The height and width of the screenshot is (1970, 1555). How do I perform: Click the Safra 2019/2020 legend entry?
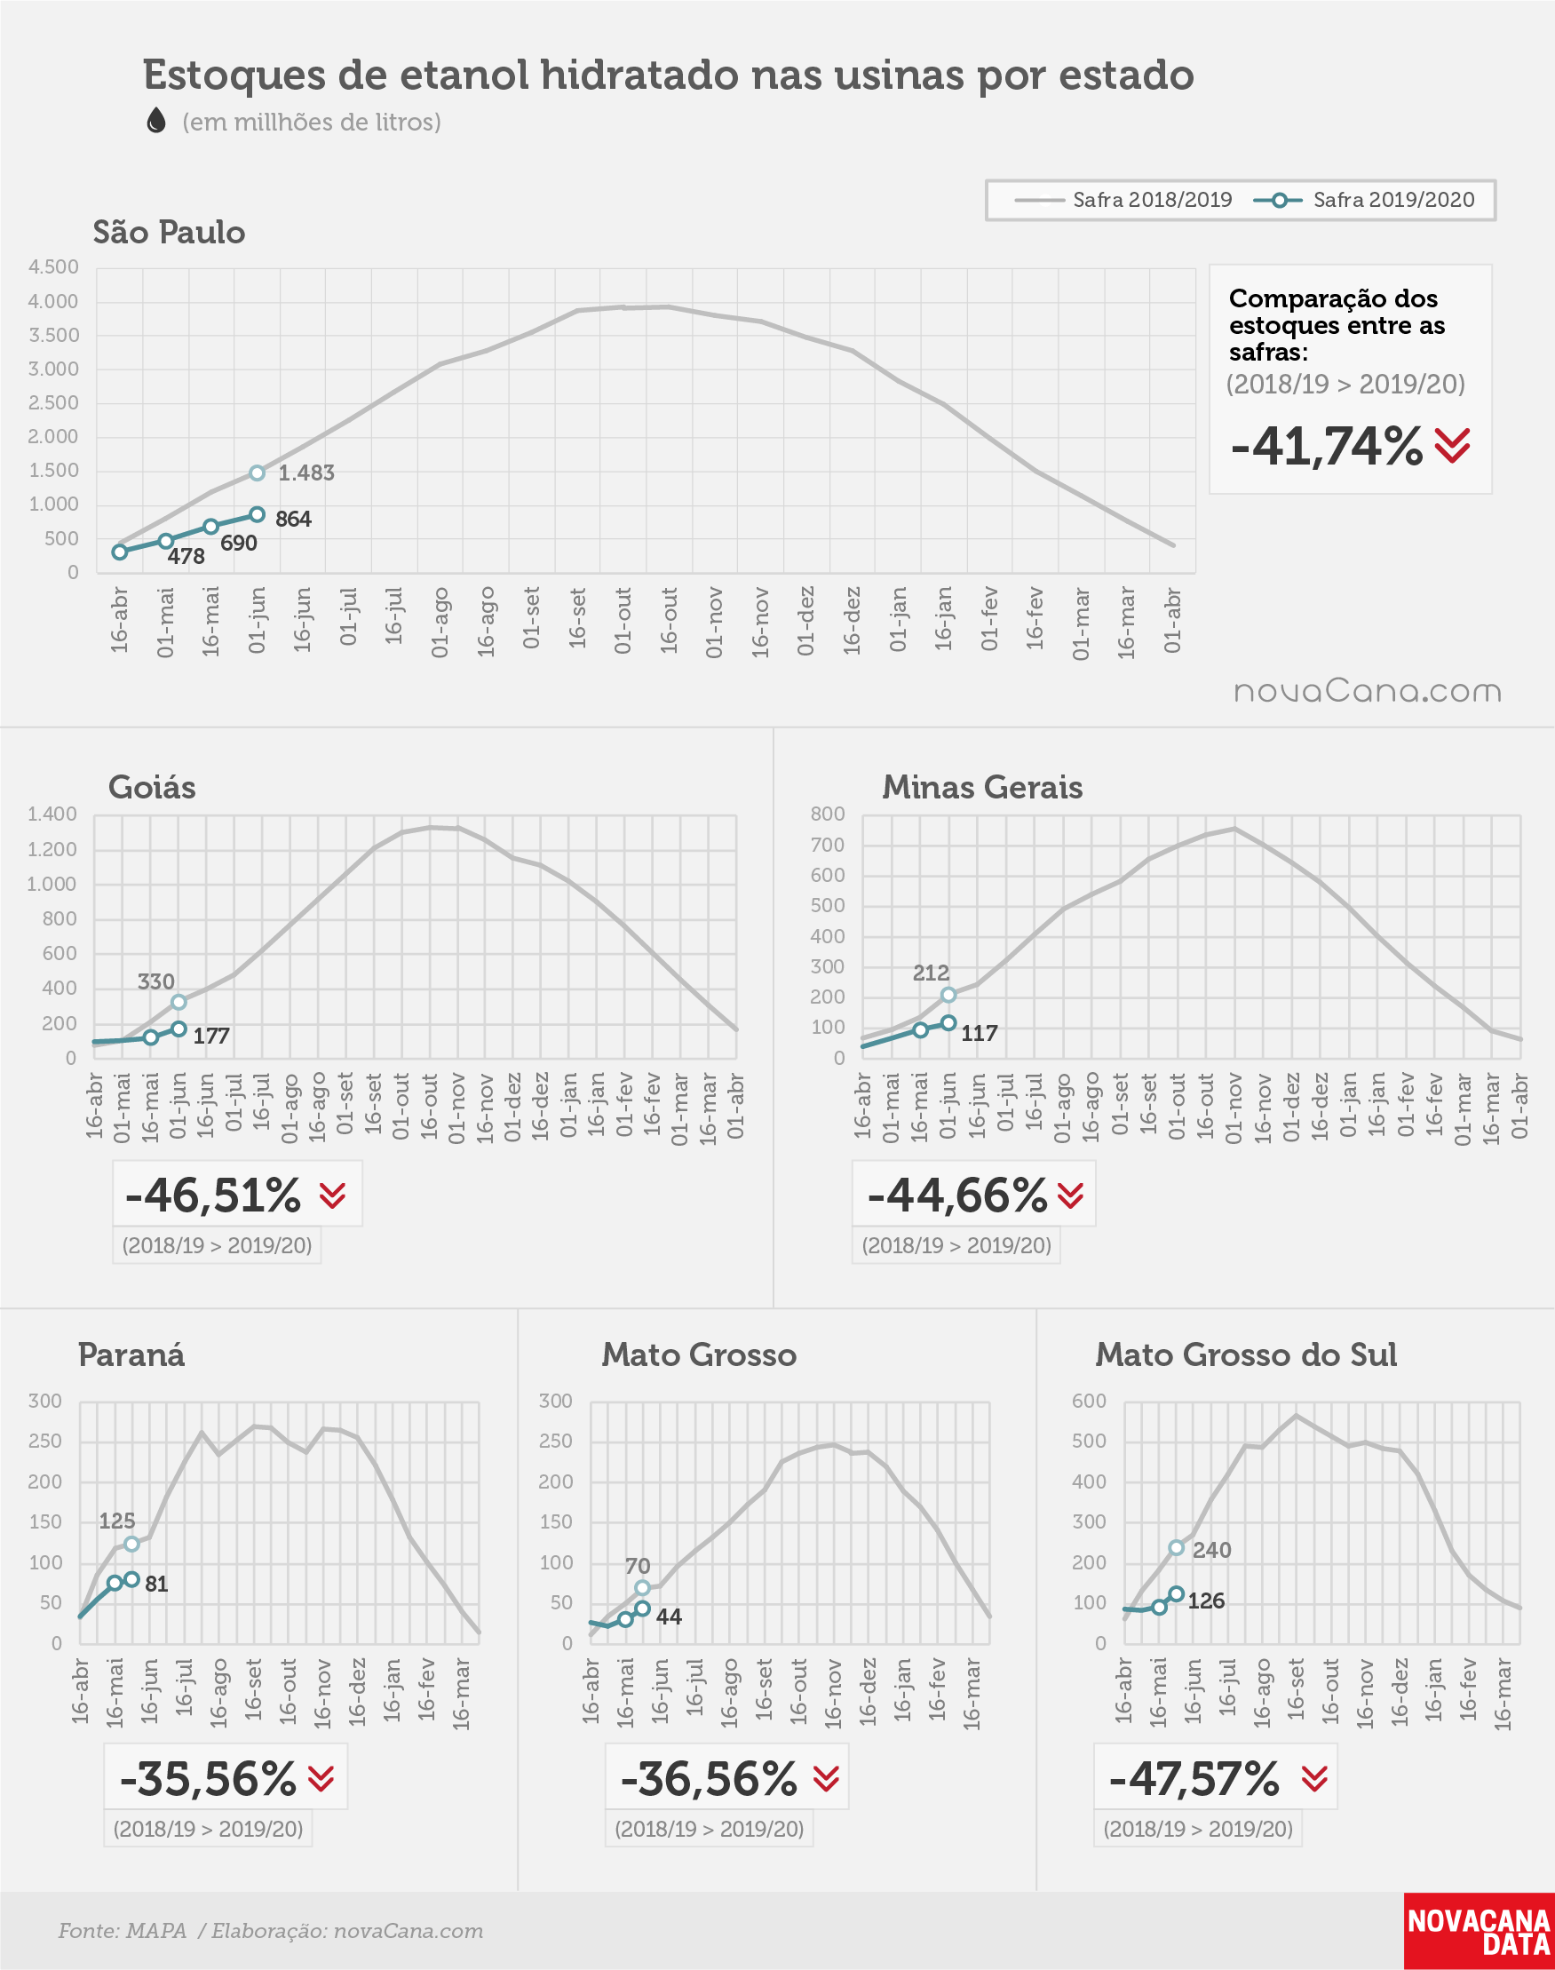tap(1364, 200)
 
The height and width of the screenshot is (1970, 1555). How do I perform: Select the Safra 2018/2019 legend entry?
tap(1123, 200)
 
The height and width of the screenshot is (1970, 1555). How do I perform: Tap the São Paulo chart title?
tap(170, 233)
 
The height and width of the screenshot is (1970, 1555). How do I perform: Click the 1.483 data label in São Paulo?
tap(305, 473)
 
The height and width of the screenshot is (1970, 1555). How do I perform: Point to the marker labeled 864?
tap(258, 515)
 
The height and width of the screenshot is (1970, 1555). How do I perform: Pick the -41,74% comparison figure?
tap(1327, 446)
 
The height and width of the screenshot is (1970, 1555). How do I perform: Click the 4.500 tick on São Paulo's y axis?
tap(53, 267)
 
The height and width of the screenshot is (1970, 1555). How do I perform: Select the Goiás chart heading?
tap(152, 788)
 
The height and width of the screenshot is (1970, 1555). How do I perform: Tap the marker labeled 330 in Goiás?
tap(179, 1002)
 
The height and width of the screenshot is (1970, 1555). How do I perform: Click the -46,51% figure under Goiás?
tap(213, 1196)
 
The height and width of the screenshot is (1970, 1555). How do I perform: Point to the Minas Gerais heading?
tap(982, 788)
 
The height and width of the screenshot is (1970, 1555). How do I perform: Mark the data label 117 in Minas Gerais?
tap(980, 1033)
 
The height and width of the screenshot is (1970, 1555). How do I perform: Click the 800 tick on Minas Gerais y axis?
tap(828, 814)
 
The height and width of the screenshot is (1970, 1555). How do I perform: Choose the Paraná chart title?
tap(131, 1354)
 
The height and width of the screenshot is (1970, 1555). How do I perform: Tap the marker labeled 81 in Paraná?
tap(132, 1579)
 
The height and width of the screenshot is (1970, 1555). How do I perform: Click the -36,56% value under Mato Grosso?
tap(709, 1779)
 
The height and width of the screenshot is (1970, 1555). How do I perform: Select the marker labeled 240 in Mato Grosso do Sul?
tap(1177, 1547)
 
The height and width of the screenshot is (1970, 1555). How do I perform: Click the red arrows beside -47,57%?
tap(1314, 1779)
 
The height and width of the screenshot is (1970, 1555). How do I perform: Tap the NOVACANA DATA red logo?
tap(1479, 1931)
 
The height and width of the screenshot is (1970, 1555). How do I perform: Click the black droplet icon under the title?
tap(156, 120)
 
